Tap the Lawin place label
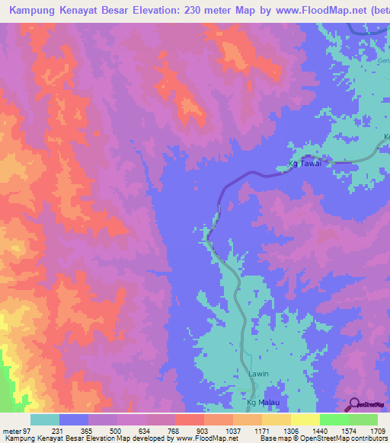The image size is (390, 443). (x=257, y=374)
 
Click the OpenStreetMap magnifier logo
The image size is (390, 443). (x=354, y=403)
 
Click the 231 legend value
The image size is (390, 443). (x=57, y=432)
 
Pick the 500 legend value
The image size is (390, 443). (x=116, y=432)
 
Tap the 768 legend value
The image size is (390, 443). (x=174, y=432)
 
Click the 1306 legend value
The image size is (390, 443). (x=290, y=432)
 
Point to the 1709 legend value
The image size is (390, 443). (x=378, y=432)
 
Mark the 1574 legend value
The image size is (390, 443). (x=348, y=432)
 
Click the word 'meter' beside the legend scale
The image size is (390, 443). (x=11, y=432)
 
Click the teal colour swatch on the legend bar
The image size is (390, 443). (x=45, y=419)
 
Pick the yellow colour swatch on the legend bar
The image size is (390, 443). (x=305, y=419)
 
